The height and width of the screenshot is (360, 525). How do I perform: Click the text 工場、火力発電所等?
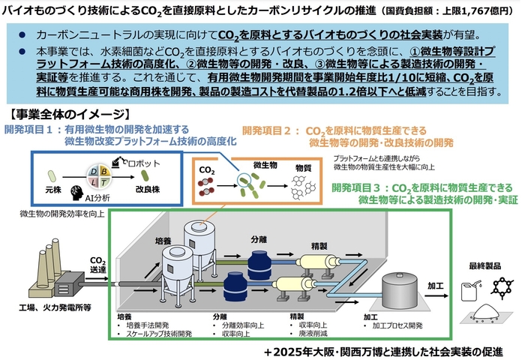click(x=55, y=307)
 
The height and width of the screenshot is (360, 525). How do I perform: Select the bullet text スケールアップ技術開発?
click(x=160, y=335)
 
